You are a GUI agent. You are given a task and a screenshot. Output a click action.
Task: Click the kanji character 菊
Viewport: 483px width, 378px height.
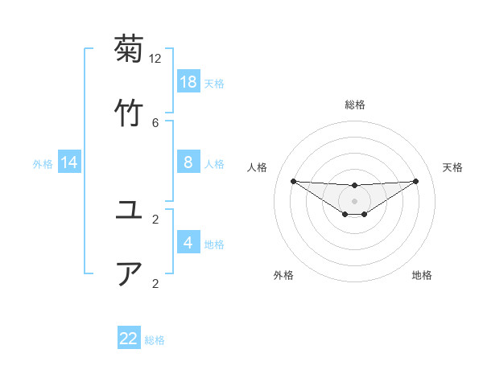click(129, 50)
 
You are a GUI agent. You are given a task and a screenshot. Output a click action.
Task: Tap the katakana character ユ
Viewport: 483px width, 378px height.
click(129, 211)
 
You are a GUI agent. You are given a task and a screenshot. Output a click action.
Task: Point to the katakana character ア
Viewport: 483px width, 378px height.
click(129, 273)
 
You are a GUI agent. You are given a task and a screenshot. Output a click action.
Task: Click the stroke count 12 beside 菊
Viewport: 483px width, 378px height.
click(155, 58)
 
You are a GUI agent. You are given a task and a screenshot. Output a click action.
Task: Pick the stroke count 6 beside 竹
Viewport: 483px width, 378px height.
click(155, 122)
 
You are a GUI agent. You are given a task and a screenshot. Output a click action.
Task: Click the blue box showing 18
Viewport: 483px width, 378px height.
click(188, 81)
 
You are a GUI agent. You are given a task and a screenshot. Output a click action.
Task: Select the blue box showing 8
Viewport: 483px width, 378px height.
click(188, 162)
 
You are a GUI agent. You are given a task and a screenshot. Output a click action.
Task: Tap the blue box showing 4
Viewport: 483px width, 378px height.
click(188, 242)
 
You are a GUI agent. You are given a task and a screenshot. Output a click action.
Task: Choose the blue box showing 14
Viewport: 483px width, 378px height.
click(69, 162)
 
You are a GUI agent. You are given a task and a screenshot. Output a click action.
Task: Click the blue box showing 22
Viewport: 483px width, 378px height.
click(129, 339)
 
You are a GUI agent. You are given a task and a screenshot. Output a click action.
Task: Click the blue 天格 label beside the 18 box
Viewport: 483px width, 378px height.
click(214, 83)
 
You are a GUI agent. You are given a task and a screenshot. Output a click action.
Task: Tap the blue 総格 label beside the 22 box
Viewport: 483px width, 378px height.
click(155, 340)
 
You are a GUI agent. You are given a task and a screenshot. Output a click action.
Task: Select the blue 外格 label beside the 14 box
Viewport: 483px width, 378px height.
click(43, 164)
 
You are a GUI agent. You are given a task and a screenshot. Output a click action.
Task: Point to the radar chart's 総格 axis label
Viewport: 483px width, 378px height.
click(355, 105)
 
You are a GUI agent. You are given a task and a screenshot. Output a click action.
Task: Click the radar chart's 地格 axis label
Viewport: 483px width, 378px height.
click(422, 275)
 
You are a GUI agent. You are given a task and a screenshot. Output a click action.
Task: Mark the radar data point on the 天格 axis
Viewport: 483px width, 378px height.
click(416, 181)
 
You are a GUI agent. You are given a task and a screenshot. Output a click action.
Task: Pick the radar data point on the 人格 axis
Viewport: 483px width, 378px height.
click(293, 181)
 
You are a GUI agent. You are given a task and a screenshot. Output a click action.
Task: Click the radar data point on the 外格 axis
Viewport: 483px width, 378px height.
click(345, 214)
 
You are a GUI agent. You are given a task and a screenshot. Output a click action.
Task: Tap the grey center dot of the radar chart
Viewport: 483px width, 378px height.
click(355, 200)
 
